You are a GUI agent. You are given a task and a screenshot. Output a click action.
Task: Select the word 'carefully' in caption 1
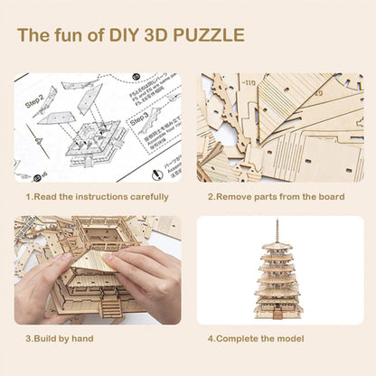(145, 196)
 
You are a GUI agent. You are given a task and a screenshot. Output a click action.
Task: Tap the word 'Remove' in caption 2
(237, 196)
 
